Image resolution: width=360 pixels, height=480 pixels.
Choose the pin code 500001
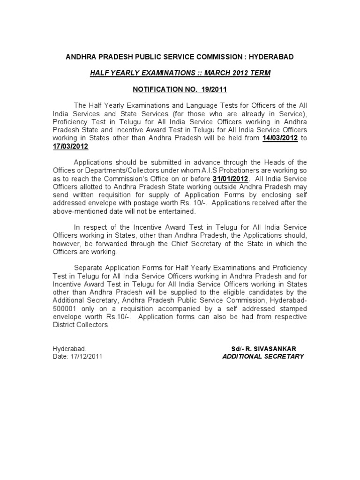pos(67,309)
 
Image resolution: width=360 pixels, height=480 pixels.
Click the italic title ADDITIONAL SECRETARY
pos(263,356)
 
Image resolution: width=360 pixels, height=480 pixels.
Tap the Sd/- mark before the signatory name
pos(238,348)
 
